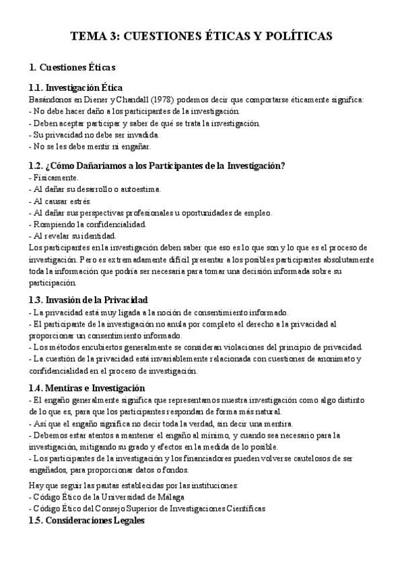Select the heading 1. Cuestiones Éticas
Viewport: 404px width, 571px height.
click(72, 67)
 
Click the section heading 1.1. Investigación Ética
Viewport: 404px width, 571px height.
click(75, 88)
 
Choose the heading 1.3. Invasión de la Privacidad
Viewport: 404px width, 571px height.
click(88, 300)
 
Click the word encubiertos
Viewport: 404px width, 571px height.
click(94, 347)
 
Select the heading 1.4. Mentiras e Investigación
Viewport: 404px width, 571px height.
click(87, 388)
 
